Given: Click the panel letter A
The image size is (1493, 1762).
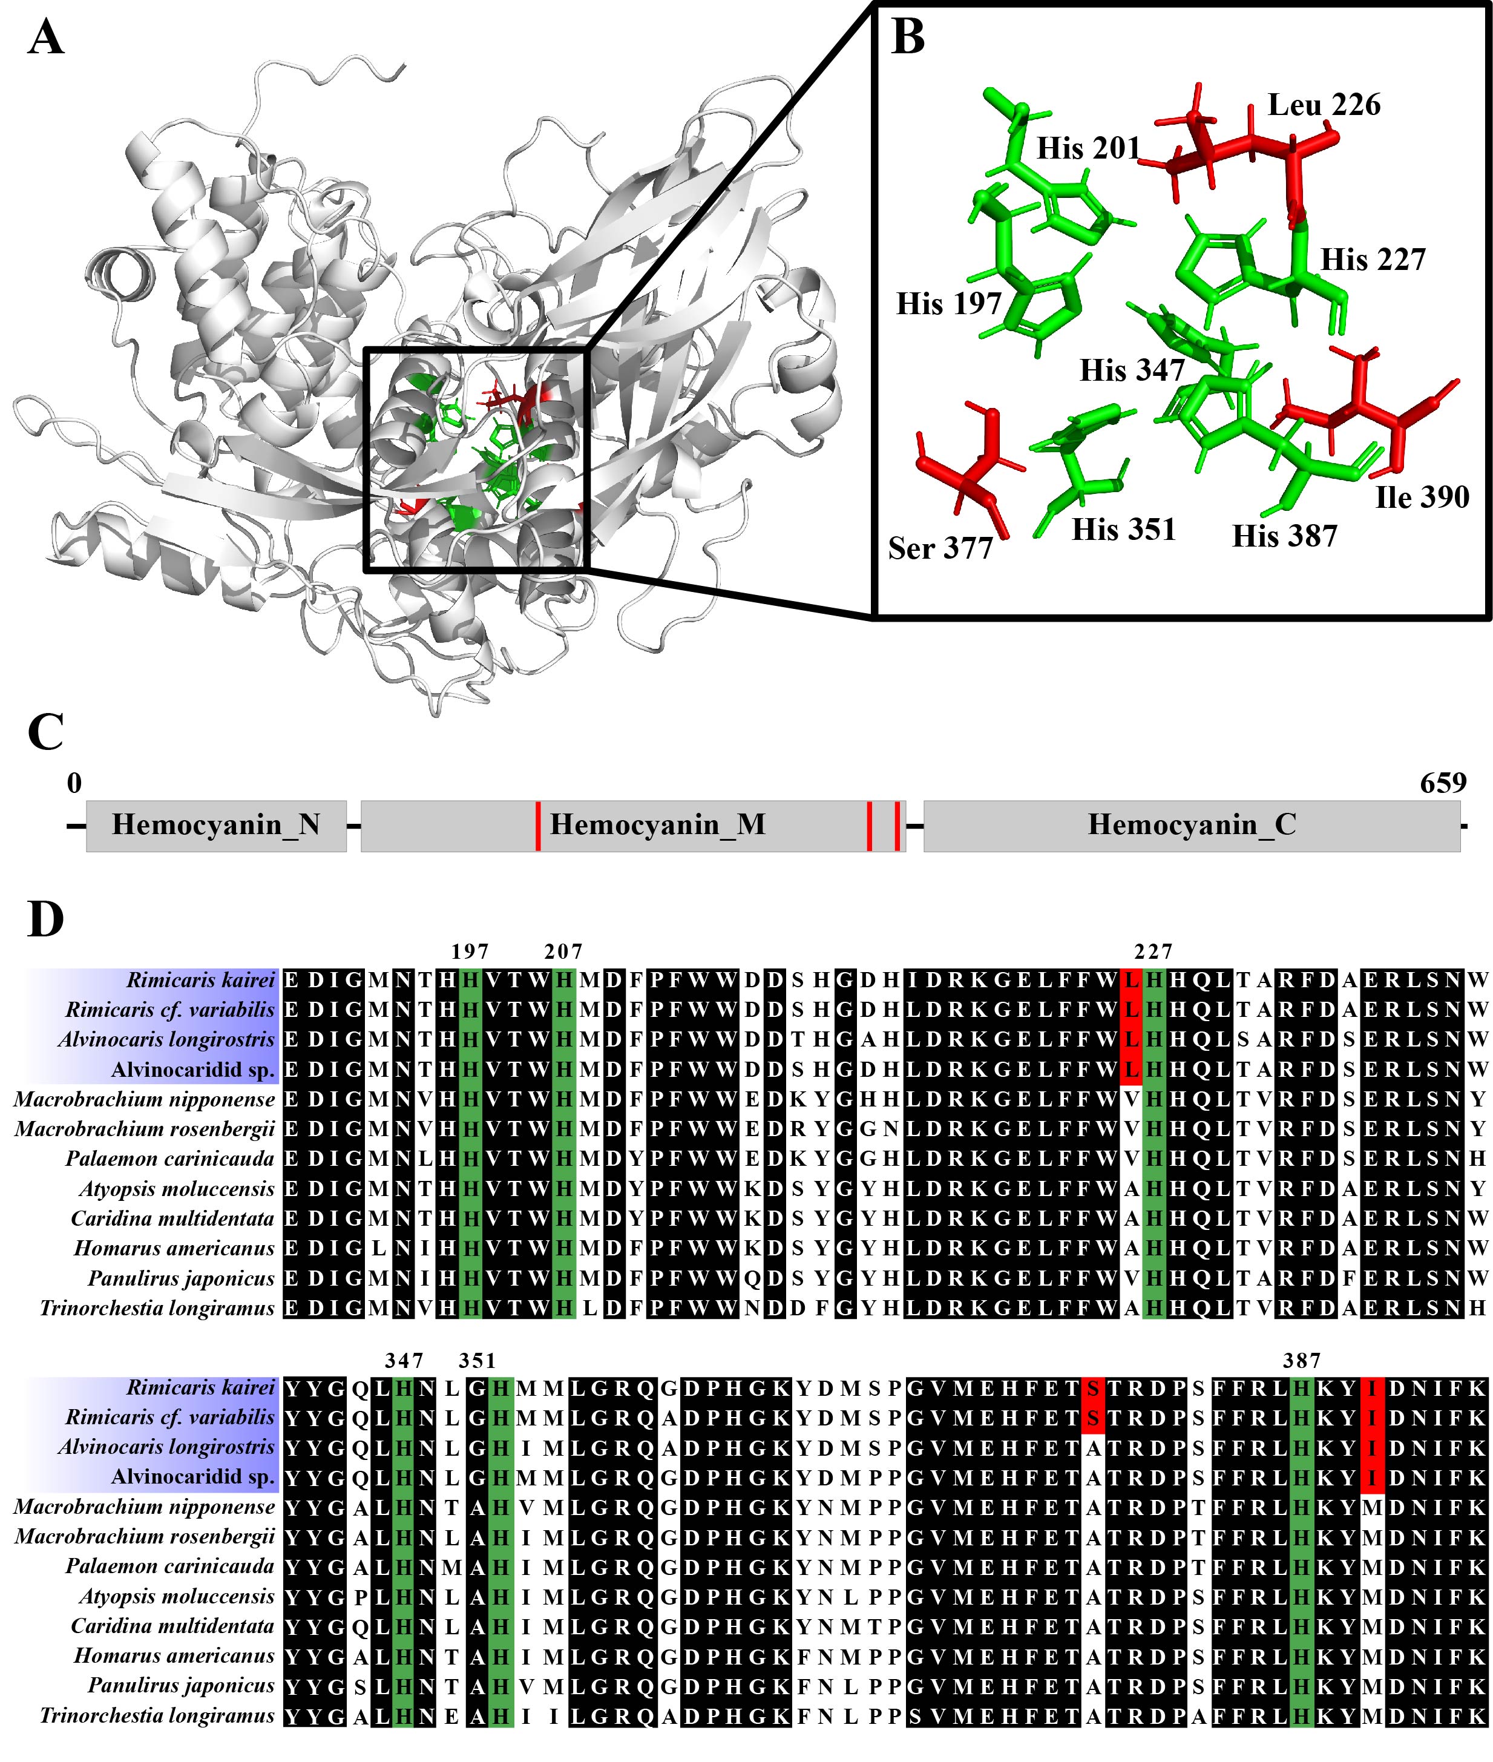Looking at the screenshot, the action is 46,39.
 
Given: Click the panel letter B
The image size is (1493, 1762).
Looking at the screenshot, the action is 908,39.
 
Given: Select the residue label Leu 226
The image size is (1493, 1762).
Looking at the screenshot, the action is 1324,105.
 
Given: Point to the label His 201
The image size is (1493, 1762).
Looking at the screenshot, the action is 1089,148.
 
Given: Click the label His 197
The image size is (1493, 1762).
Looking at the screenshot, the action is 949,303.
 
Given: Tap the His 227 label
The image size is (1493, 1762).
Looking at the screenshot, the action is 1373,259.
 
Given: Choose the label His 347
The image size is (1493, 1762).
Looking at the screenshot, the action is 1132,370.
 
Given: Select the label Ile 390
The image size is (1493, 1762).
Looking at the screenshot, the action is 1423,497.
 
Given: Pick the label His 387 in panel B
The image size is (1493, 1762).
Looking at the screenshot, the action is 1285,536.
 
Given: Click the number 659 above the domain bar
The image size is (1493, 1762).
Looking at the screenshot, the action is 1443,783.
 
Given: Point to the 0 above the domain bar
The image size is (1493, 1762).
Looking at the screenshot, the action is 74,783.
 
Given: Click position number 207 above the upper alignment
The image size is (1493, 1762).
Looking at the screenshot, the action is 563,952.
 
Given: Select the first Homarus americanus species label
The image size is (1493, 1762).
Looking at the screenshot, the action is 174,1248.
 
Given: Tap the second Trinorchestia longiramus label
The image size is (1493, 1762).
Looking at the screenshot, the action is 157,1715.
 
